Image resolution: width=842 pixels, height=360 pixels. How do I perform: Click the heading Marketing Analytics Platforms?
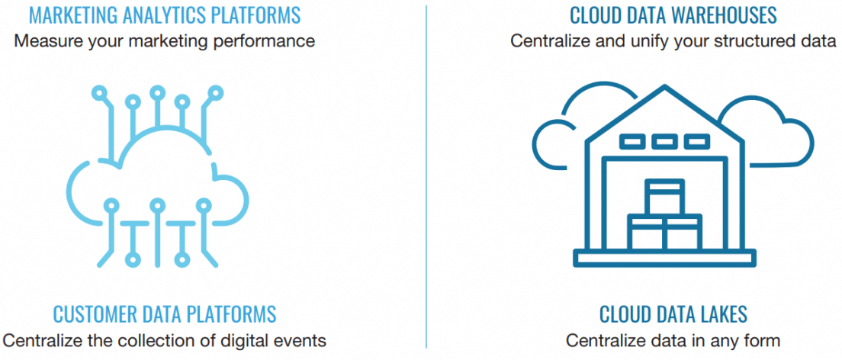tap(164, 14)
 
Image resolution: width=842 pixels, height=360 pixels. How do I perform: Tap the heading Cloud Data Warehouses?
tap(673, 14)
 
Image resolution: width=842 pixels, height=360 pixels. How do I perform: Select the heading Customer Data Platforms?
tap(164, 313)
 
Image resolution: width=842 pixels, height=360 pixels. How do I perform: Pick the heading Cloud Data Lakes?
tap(673, 313)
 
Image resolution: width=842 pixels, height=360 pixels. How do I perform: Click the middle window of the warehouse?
tap(664, 141)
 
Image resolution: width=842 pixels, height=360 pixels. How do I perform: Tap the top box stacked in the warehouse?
tap(664, 196)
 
